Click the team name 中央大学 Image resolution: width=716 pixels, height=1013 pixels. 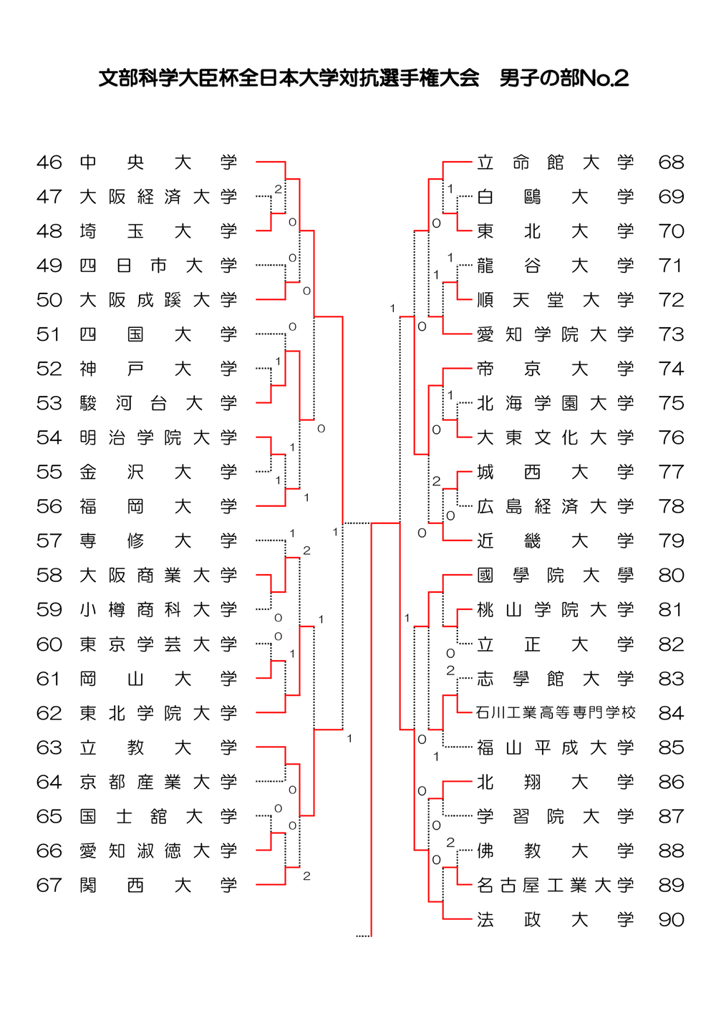[x=158, y=163]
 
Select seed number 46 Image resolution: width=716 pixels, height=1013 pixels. [x=49, y=163]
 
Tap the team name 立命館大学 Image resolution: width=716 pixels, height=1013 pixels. [x=556, y=163]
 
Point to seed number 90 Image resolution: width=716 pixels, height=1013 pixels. [x=671, y=920]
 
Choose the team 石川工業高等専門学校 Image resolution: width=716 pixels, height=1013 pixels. [x=556, y=713]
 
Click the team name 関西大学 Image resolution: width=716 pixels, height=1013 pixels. [x=158, y=886]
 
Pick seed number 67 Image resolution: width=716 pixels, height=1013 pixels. [x=49, y=886]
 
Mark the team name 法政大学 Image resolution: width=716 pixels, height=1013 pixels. [x=556, y=920]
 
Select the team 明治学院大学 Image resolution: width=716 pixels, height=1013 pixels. [x=158, y=437]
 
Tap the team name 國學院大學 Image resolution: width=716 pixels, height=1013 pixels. [x=556, y=576]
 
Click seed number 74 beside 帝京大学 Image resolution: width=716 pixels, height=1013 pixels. [x=671, y=369]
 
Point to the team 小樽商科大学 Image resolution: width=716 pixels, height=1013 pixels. [x=158, y=610]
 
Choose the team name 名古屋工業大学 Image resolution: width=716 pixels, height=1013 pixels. [x=556, y=886]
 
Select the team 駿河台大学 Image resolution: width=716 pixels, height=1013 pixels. [x=158, y=403]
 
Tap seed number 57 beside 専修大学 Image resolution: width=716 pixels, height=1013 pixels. [x=49, y=541]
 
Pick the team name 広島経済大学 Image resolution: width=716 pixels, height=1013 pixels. [x=556, y=507]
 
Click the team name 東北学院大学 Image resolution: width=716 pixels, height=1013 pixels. [x=158, y=713]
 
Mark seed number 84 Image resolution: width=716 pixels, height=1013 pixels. [x=671, y=713]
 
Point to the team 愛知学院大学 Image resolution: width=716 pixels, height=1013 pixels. [x=556, y=334]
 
